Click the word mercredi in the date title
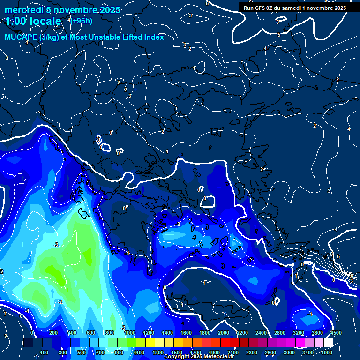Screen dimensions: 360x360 22,10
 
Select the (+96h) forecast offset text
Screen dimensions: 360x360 82,21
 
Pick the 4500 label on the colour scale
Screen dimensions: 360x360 336,333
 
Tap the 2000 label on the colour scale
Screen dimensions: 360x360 224,333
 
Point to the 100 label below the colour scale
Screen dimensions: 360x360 45,352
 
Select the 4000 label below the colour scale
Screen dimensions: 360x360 327,352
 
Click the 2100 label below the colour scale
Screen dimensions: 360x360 233,352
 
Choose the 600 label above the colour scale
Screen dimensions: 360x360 91,333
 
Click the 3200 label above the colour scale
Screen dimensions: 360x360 298,333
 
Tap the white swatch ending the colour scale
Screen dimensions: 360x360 328,343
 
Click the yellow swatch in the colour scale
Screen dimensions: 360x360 150,343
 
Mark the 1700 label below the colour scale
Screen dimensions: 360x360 195,352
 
